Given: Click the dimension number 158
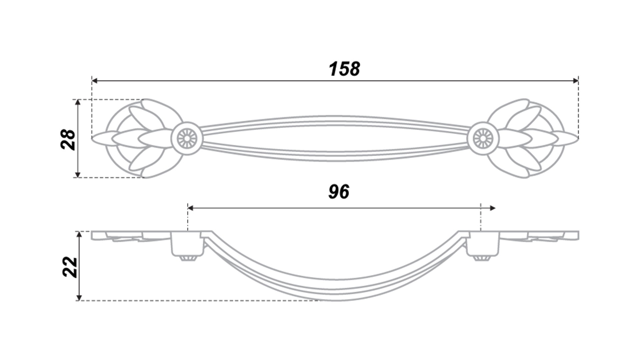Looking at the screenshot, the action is (x=344, y=69).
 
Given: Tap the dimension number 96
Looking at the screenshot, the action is (x=339, y=192).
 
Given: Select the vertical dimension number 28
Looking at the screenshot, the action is (x=69, y=139).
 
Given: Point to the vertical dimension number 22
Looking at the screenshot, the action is (x=70, y=267).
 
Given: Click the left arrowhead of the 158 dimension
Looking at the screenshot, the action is (x=94, y=81).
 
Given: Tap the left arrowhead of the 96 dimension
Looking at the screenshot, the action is (x=191, y=208).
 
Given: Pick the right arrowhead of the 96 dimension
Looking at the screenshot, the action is (x=492, y=208).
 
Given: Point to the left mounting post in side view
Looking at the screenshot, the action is (x=187, y=244).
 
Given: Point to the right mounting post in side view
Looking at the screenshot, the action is (x=483, y=244).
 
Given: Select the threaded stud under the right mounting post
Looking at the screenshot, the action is (x=482, y=258).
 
